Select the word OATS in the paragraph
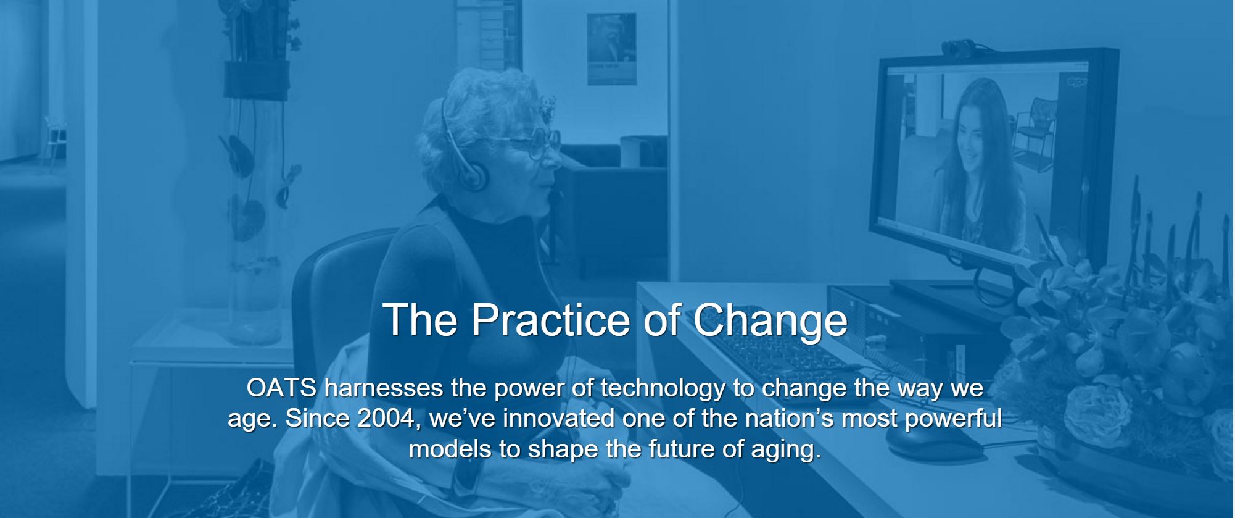point(282,388)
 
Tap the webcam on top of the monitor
point(958,47)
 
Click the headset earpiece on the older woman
point(475,175)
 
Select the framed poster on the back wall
point(611,49)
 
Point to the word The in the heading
point(420,320)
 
